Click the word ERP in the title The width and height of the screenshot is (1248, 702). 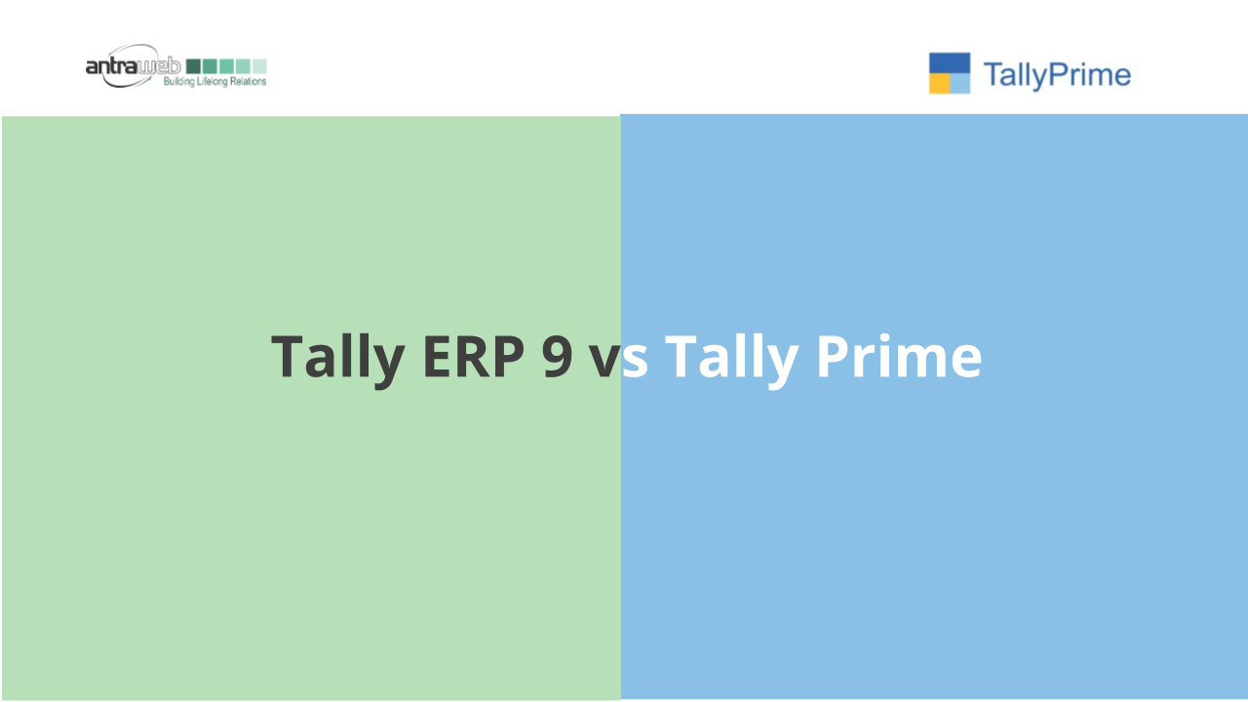[x=474, y=357]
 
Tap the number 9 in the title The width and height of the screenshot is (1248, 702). [x=557, y=357]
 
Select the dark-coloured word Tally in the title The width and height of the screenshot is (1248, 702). [x=337, y=360]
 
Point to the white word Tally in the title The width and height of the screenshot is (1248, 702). [x=731, y=360]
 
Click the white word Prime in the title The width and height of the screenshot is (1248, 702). [x=899, y=356]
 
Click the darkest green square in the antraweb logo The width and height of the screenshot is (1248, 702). [x=193, y=66]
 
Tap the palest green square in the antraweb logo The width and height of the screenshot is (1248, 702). [x=259, y=66]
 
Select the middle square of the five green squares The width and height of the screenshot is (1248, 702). [x=227, y=66]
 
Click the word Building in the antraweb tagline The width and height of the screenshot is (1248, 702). [x=178, y=82]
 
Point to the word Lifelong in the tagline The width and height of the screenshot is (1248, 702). [x=213, y=82]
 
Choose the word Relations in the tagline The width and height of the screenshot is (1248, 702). [x=249, y=81]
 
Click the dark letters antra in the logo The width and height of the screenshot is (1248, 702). [x=111, y=66]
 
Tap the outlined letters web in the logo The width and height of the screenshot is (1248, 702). [x=159, y=66]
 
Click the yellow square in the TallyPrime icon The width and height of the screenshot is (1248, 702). [x=939, y=84]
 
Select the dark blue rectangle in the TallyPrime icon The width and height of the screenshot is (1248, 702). [x=950, y=63]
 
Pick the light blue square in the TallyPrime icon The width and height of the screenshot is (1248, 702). [x=960, y=84]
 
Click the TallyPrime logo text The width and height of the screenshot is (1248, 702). [x=1057, y=75]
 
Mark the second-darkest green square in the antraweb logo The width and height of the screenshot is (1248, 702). [x=210, y=66]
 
